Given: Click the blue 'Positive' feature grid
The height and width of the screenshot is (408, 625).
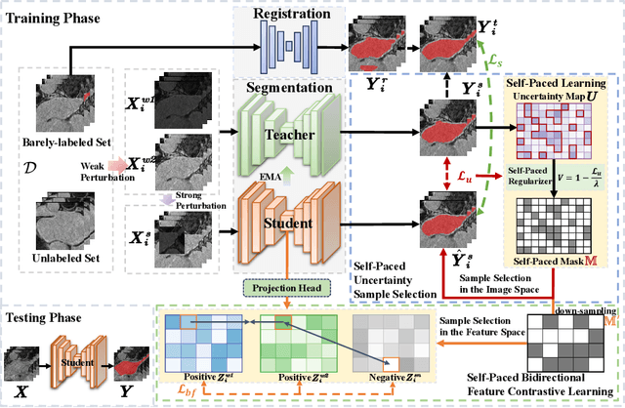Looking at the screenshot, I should pyautogui.click(x=200, y=342).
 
